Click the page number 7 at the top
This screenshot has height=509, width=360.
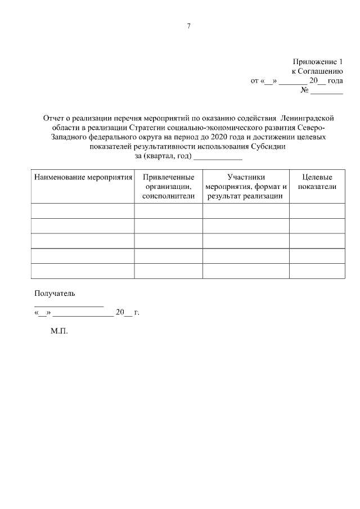188,26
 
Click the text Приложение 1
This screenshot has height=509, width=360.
317,61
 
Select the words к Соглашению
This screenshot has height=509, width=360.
317,71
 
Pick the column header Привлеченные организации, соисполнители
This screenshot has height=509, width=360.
168,186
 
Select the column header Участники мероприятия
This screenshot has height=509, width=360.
246,186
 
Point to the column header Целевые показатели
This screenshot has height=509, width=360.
317,182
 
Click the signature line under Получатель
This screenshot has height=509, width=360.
69,305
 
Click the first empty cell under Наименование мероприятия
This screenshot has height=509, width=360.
83,211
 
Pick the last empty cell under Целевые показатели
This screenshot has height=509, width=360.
317,271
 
